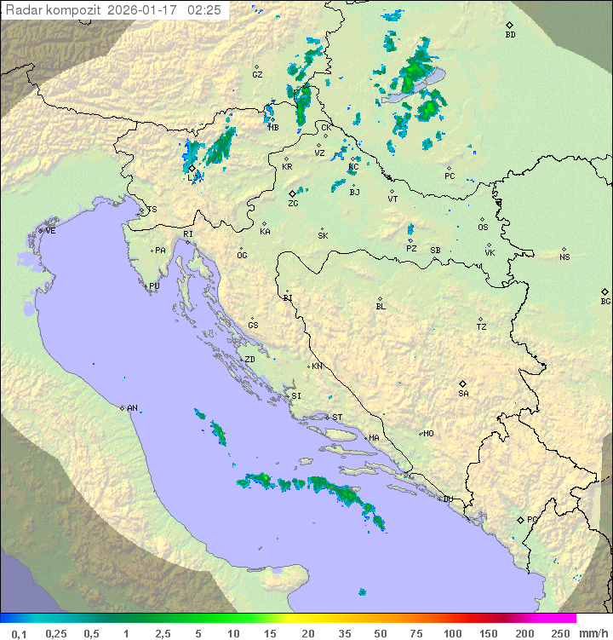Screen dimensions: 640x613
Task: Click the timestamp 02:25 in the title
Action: pyautogui.click(x=204, y=10)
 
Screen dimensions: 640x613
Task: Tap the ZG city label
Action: pyautogui.click(x=293, y=204)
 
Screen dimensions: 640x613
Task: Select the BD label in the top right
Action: pyautogui.click(x=510, y=35)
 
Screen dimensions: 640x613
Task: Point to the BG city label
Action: pyautogui.click(x=605, y=302)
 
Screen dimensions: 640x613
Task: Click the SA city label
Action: pyautogui.click(x=463, y=394)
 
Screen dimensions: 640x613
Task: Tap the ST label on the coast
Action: pyautogui.click(x=337, y=418)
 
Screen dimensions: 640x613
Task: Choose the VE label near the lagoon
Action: pyautogui.click(x=50, y=231)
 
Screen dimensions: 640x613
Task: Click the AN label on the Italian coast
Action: pyautogui.click(x=132, y=408)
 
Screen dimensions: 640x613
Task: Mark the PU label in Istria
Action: pyautogui.click(x=154, y=286)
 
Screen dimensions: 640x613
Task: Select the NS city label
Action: pyautogui.click(x=564, y=257)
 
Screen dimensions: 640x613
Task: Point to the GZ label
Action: pyautogui.click(x=257, y=75)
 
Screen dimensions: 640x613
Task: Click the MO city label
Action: pyautogui.click(x=428, y=434)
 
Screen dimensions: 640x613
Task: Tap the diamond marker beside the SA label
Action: pyautogui.click(x=463, y=383)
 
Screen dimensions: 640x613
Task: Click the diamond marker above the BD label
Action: pyautogui.click(x=509, y=25)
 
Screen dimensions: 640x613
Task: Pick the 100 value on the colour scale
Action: pyautogui.click(x=452, y=633)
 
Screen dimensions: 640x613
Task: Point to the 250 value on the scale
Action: pyautogui.click(x=560, y=633)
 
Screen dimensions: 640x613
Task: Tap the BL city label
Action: pyautogui.click(x=381, y=307)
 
